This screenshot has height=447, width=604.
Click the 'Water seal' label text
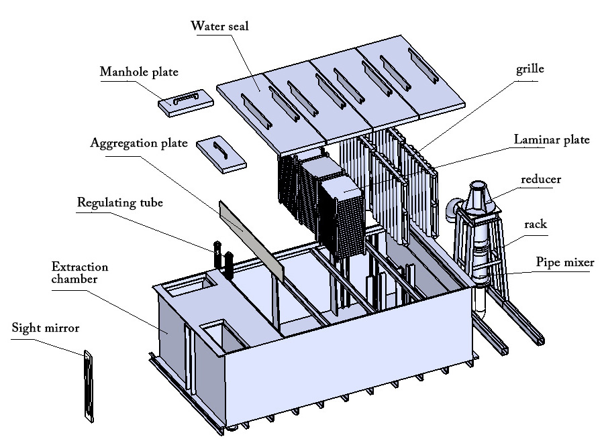pyautogui.click(x=219, y=26)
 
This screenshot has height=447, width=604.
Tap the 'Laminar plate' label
pyautogui.click(x=551, y=140)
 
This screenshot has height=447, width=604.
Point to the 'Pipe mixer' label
pyautogui.click(x=564, y=262)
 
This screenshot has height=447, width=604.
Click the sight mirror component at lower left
pyautogui.click(x=87, y=385)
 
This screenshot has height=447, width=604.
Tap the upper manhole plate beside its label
pyautogui.click(x=186, y=103)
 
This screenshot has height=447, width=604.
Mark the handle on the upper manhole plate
pyautogui.click(x=185, y=99)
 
